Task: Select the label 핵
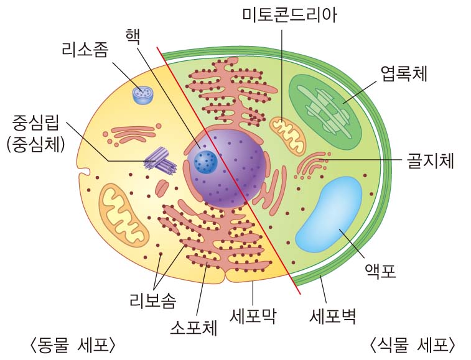click(x=132, y=34)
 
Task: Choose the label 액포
click(x=380, y=271)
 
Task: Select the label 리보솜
click(x=152, y=301)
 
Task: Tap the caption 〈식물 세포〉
click(x=413, y=344)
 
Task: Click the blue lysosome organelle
click(x=143, y=95)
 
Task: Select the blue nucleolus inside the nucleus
click(x=205, y=162)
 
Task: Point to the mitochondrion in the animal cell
click(x=124, y=211)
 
